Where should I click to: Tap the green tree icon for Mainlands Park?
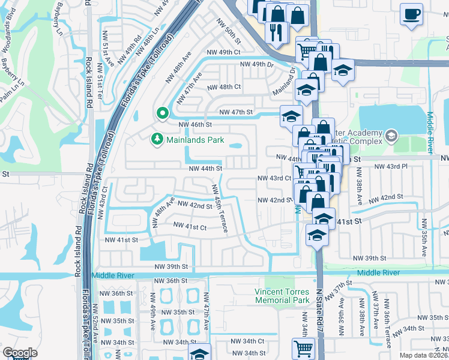(x=157, y=139)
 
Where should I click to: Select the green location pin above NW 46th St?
(x=161, y=112)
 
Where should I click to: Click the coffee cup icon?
(x=411, y=14)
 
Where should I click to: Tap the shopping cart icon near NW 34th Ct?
(x=304, y=348)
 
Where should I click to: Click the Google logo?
(x=20, y=353)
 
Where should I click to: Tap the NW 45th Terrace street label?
(x=219, y=210)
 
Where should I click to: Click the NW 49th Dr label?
(x=256, y=64)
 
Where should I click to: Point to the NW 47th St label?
(x=236, y=112)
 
